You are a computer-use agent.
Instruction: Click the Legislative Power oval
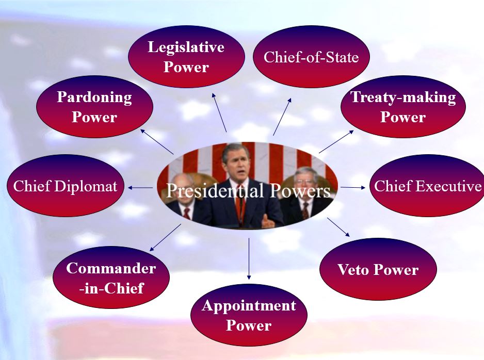pyautogui.click(x=186, y=57)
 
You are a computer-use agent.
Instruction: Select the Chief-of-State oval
pyautogui.click(x=311, y=57)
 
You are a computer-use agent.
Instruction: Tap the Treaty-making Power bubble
pyautogui.click(x=403, y=107)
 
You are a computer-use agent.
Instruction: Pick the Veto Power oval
pyautogui.click(x=378, y=269)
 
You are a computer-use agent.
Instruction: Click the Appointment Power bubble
pyautogui.click(x=249, y=315)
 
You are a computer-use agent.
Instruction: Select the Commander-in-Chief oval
pyautogui.click(x=111, y=277)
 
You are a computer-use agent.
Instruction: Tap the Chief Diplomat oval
pyautogui.click(x=66, y=186)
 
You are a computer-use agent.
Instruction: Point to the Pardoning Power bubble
pyautogui.click(x=95, y=107)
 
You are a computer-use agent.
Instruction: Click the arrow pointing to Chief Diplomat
pyautogui.click(x=140, y=188)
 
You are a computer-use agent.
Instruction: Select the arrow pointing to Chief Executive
pyautogui.click(x=353, y=187)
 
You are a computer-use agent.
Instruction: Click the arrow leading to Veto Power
pyautogui.click(x=338, y=227)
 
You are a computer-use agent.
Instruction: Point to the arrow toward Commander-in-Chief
pyautogui.click(x=165, y=238)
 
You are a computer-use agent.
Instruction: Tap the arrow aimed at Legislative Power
pyautogui.click(x=219, y=112)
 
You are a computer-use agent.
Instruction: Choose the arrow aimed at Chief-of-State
pyautogui.click(x=282, y=117)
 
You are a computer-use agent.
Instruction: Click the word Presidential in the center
pyautogui.click(x=215, y=191)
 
